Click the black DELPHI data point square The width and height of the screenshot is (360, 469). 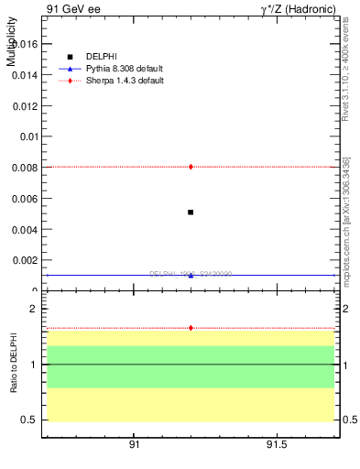(x=191, y=213)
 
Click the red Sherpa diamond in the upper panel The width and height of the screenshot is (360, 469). (x=191, y=167)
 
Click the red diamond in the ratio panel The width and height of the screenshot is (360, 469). (x=191, y=327)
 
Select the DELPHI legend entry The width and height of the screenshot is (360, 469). (x=102, y=57)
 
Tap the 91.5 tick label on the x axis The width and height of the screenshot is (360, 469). (x=278, y=446)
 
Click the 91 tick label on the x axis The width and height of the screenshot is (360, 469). (x=134, y=446)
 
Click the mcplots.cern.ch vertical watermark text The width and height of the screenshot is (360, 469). (x=345, y=220)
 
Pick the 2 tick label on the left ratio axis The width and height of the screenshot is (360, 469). (x=32, y=309)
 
